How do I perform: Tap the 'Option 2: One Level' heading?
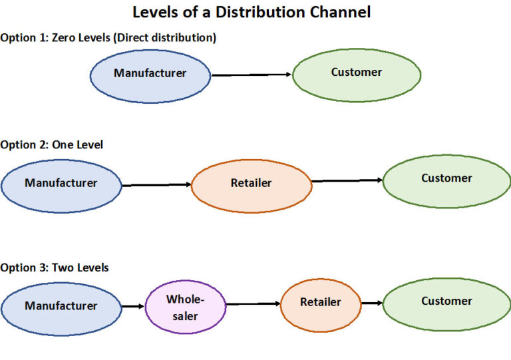coord(52,144)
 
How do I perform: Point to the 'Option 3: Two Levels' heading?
coord(55,268)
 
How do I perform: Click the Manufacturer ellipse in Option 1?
coord(150,74)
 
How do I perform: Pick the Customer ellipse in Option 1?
coord(357,73)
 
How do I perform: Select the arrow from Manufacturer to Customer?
coord(252,75)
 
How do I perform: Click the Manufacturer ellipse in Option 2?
coord(61,183)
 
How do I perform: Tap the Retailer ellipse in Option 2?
coord(252,184)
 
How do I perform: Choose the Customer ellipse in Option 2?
coord(446,180)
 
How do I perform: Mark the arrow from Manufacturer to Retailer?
coord(156,184)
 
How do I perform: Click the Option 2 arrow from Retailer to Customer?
coord(347,180)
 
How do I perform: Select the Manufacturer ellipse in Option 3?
coord(61,306)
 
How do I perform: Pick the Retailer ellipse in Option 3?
coord(320,303)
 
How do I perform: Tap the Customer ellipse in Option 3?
coord(446,303)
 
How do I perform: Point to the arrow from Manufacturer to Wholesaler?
coord(133,306)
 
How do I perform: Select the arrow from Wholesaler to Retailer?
coord(253,304)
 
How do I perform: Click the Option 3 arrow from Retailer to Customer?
coord(371,303)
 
